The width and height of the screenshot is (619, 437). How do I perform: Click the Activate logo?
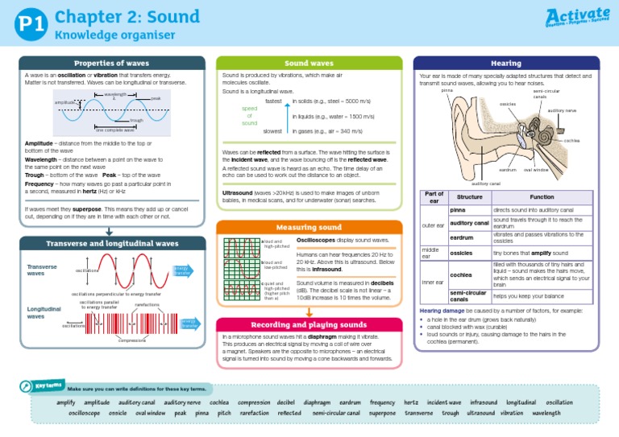(578, 19)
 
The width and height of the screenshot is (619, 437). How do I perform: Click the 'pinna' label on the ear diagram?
(447, 90)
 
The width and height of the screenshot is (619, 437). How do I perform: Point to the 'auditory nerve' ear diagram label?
(562, 110)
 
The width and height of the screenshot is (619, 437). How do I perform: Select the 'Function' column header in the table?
(541, 197)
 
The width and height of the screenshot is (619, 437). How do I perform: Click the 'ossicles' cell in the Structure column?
(461, 253)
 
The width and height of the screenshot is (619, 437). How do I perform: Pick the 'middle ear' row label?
(430, 253)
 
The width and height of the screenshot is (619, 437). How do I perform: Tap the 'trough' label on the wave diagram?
(136, 120)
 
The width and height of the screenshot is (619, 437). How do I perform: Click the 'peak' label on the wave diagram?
(156, 98)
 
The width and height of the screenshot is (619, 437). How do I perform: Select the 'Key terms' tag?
(50, 385)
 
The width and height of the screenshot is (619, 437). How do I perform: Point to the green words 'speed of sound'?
(250, 115)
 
